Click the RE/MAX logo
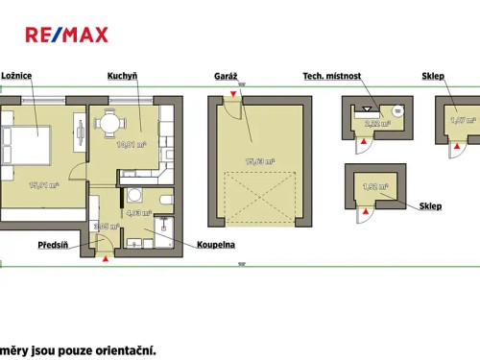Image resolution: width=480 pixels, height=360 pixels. tap(66, 36)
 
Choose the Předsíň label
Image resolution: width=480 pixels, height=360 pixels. tap(54, 245)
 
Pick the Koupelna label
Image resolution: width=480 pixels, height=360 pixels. tap(216, 245)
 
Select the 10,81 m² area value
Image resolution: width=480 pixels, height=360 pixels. tap(131, 145)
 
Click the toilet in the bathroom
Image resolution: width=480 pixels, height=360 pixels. tap(165, 200)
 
